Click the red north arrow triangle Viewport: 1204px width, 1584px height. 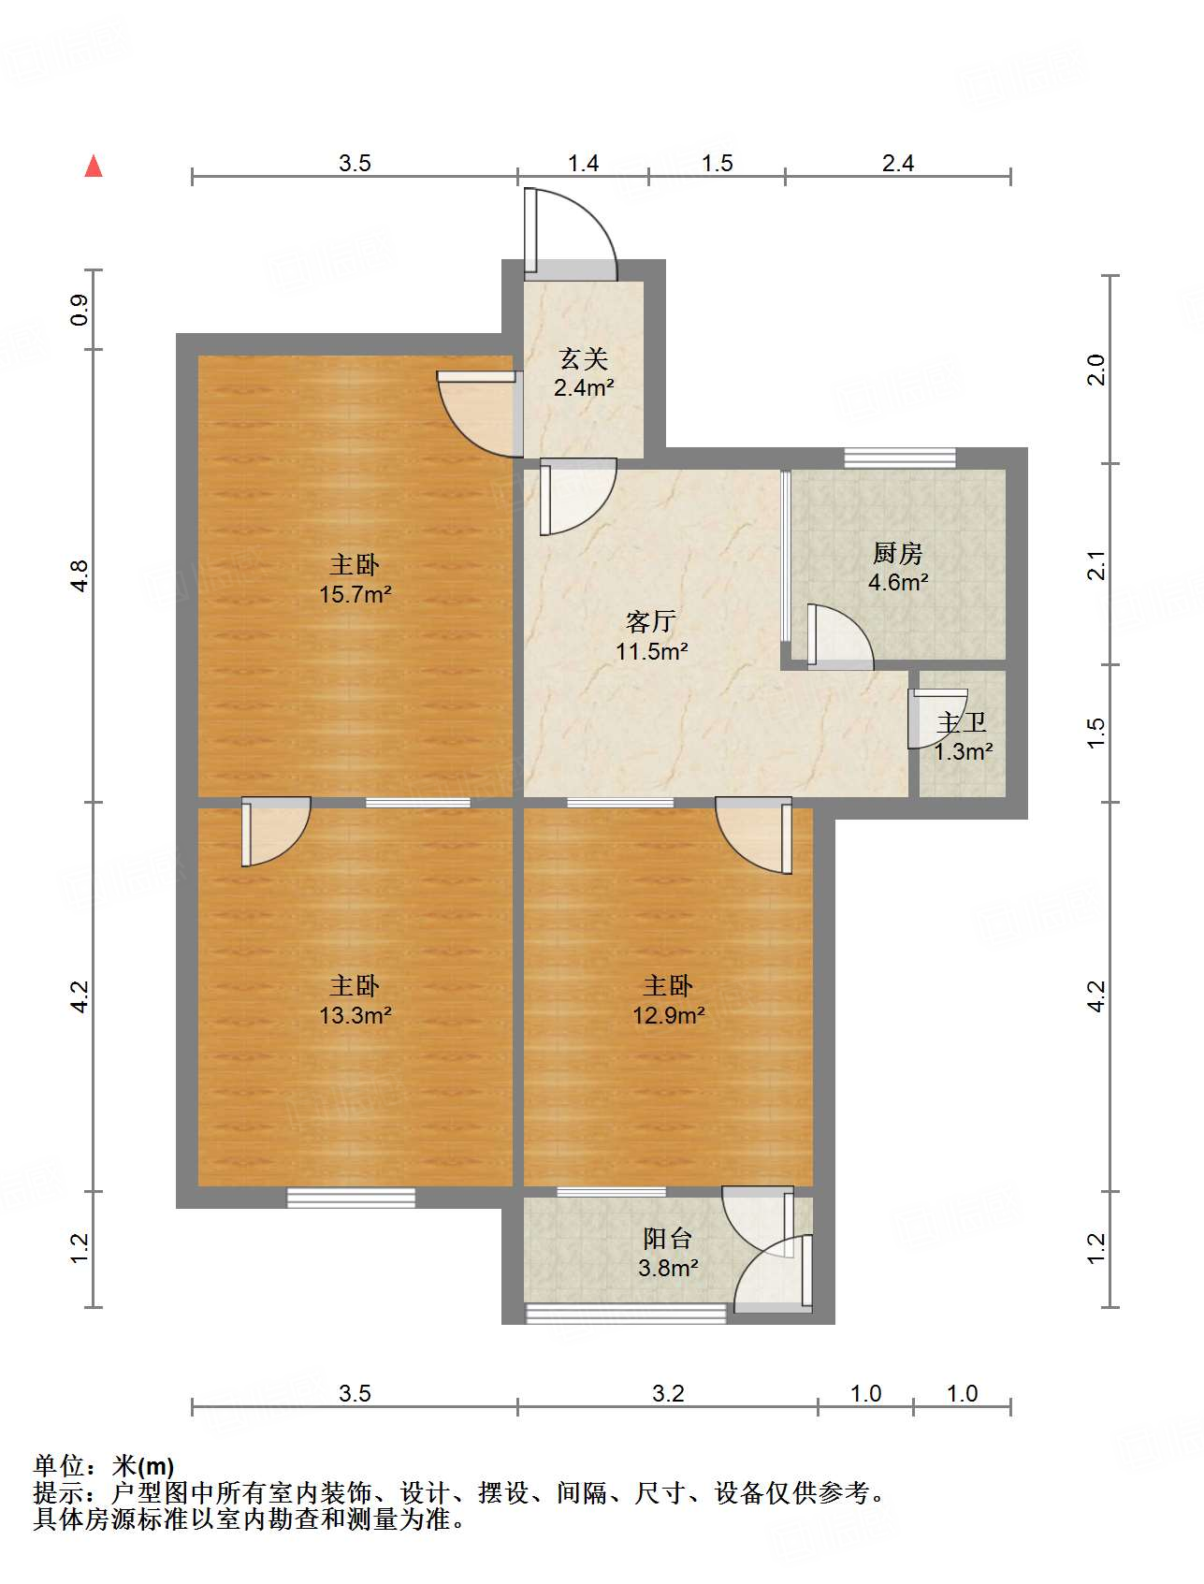(94, 167)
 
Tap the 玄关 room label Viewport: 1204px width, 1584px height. (584, 358)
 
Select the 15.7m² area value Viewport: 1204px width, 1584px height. (355, 594)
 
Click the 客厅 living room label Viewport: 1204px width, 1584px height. (651, 621)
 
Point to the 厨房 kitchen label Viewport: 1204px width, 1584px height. (897, 553)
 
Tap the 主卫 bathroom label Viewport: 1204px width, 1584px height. (962, 722)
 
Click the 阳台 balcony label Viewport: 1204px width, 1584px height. (667, 1239)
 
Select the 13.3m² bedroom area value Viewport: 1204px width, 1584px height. (355, 1015)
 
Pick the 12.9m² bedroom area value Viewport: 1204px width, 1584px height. (668, 1015)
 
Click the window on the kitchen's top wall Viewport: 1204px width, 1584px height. (900, 458)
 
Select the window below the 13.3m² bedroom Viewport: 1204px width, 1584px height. (351, 1198)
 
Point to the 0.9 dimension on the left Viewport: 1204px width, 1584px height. (80, 310)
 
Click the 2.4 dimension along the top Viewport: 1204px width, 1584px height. (897, 164)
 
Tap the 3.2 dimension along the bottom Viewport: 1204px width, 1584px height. (668, 1393)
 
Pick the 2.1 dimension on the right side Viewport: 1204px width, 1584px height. (1096, 565)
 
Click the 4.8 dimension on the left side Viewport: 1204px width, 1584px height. (80, 574)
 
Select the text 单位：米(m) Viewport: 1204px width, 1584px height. (104, 1466)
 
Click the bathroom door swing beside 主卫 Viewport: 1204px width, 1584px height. (936, 719)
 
